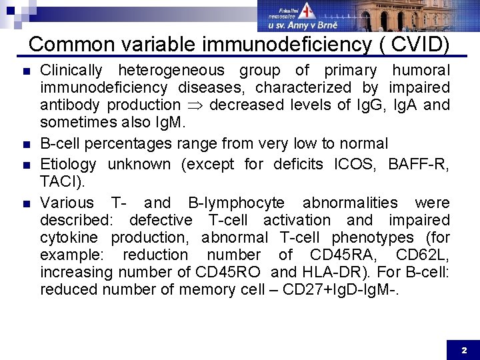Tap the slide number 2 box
[x=464, y=349]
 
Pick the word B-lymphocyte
[x=236, y=203]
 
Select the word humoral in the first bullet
[x=421, y=70]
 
